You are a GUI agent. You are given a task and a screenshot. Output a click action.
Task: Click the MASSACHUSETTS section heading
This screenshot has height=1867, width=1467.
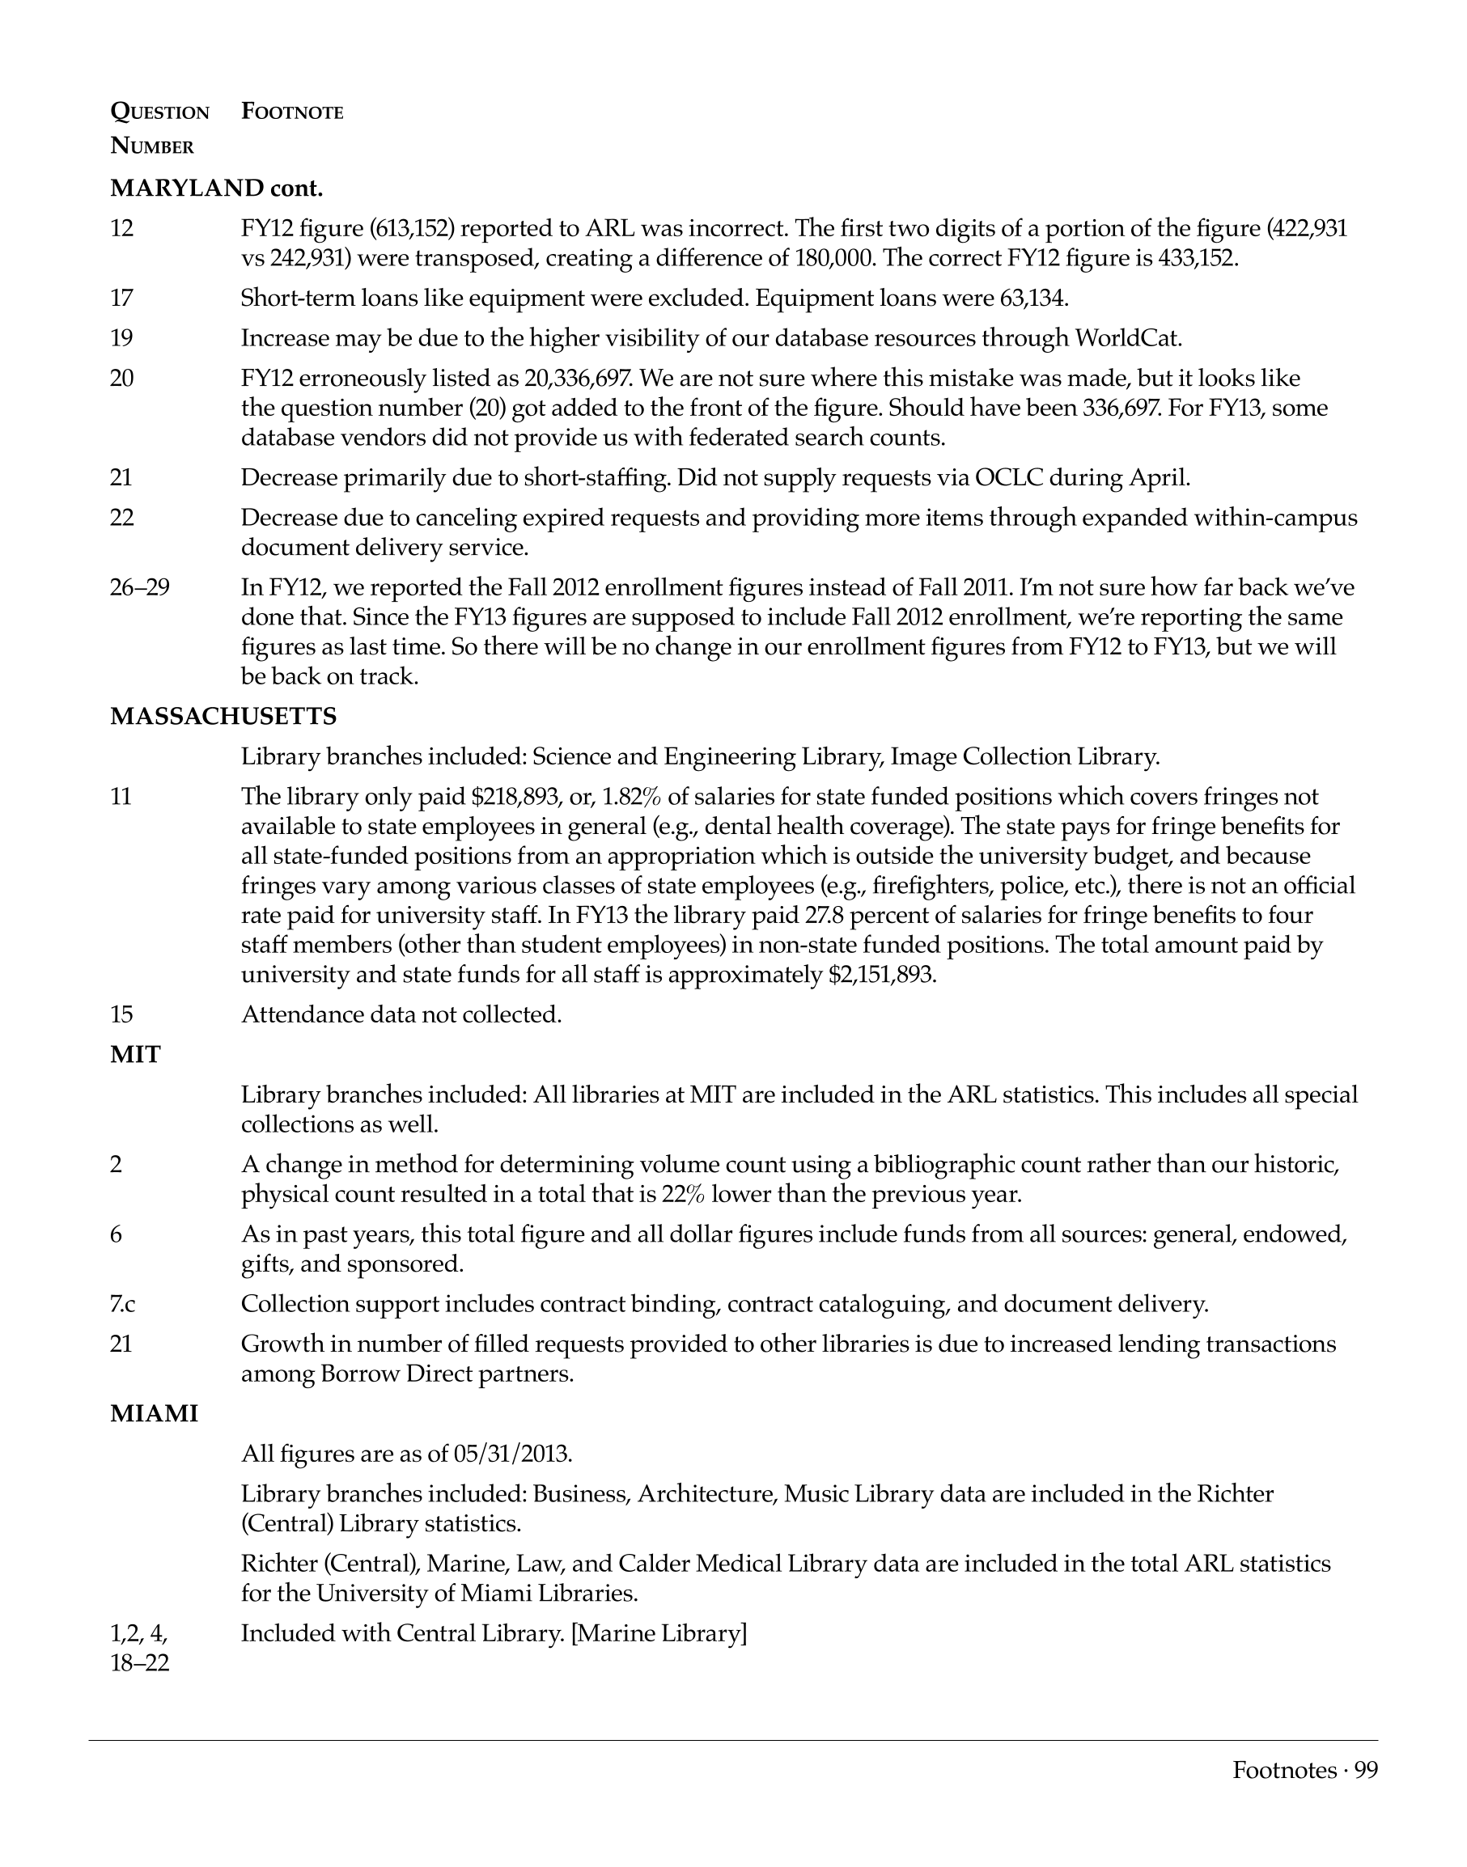tap(223, 716)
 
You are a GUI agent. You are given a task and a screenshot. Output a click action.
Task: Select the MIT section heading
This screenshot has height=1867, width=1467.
tap(135, 1055)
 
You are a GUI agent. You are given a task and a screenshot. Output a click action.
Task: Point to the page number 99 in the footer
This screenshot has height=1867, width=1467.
tap(1366, 1770)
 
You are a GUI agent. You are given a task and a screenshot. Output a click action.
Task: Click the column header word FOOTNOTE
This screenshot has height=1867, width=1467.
tap(292, 112)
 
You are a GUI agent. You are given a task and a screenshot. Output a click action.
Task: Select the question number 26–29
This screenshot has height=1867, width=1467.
tap(140, 587)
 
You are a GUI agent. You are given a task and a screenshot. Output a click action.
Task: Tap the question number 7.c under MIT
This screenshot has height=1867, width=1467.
tap(123, 1304)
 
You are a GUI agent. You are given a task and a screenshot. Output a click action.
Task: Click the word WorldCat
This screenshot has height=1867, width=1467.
tap(1128, 337)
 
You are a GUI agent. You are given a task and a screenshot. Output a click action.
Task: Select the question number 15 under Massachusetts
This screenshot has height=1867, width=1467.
tap(122, 1014)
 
